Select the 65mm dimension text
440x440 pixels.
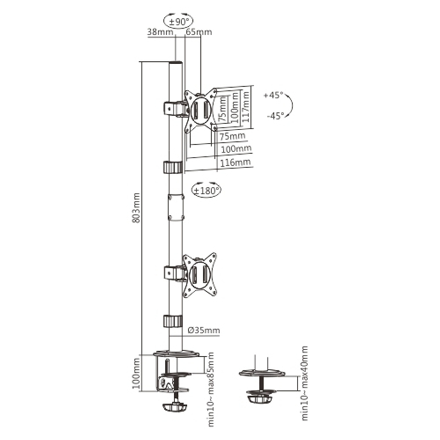[199, 32]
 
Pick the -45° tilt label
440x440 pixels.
[275, 116]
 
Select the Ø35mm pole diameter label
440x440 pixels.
[204, 330]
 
